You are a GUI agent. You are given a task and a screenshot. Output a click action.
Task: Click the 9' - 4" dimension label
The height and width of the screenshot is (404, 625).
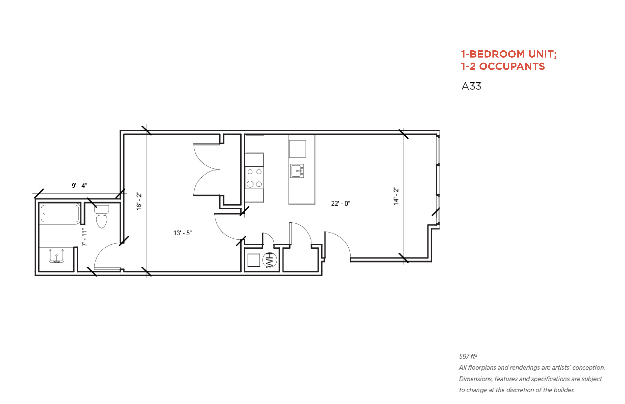point(80,186)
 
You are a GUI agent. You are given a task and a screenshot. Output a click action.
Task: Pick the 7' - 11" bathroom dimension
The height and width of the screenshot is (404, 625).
point(84,237)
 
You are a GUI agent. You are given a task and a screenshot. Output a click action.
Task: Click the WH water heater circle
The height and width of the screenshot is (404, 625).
point(270,260)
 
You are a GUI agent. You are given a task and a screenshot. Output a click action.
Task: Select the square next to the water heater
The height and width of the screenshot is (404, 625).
point(254,260)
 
